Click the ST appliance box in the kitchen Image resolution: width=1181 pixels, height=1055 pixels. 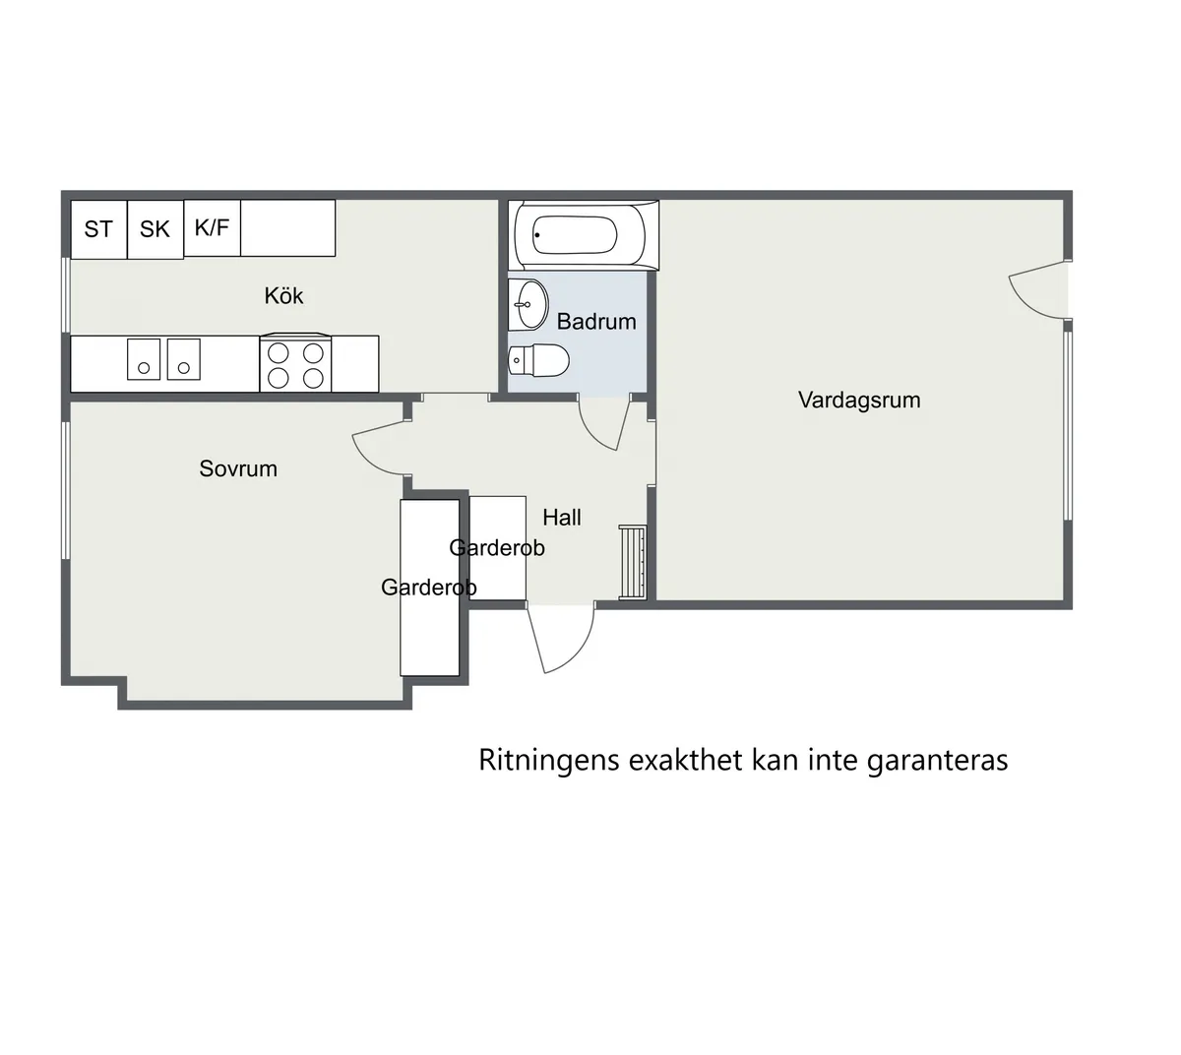98,229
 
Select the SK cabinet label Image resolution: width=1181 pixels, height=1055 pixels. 155,229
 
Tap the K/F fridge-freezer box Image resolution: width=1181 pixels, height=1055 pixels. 212,227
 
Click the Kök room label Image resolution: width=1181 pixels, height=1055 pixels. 283,295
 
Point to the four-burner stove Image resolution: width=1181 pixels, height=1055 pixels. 295,364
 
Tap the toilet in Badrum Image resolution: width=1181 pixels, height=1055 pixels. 538,361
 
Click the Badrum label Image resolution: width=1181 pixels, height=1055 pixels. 596,321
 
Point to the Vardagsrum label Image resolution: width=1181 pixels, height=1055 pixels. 859,400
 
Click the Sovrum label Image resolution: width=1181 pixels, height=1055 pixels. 238,468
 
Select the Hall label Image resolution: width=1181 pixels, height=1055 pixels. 562,517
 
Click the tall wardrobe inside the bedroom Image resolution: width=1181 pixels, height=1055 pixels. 430,588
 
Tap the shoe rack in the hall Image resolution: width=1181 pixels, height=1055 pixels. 633,562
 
